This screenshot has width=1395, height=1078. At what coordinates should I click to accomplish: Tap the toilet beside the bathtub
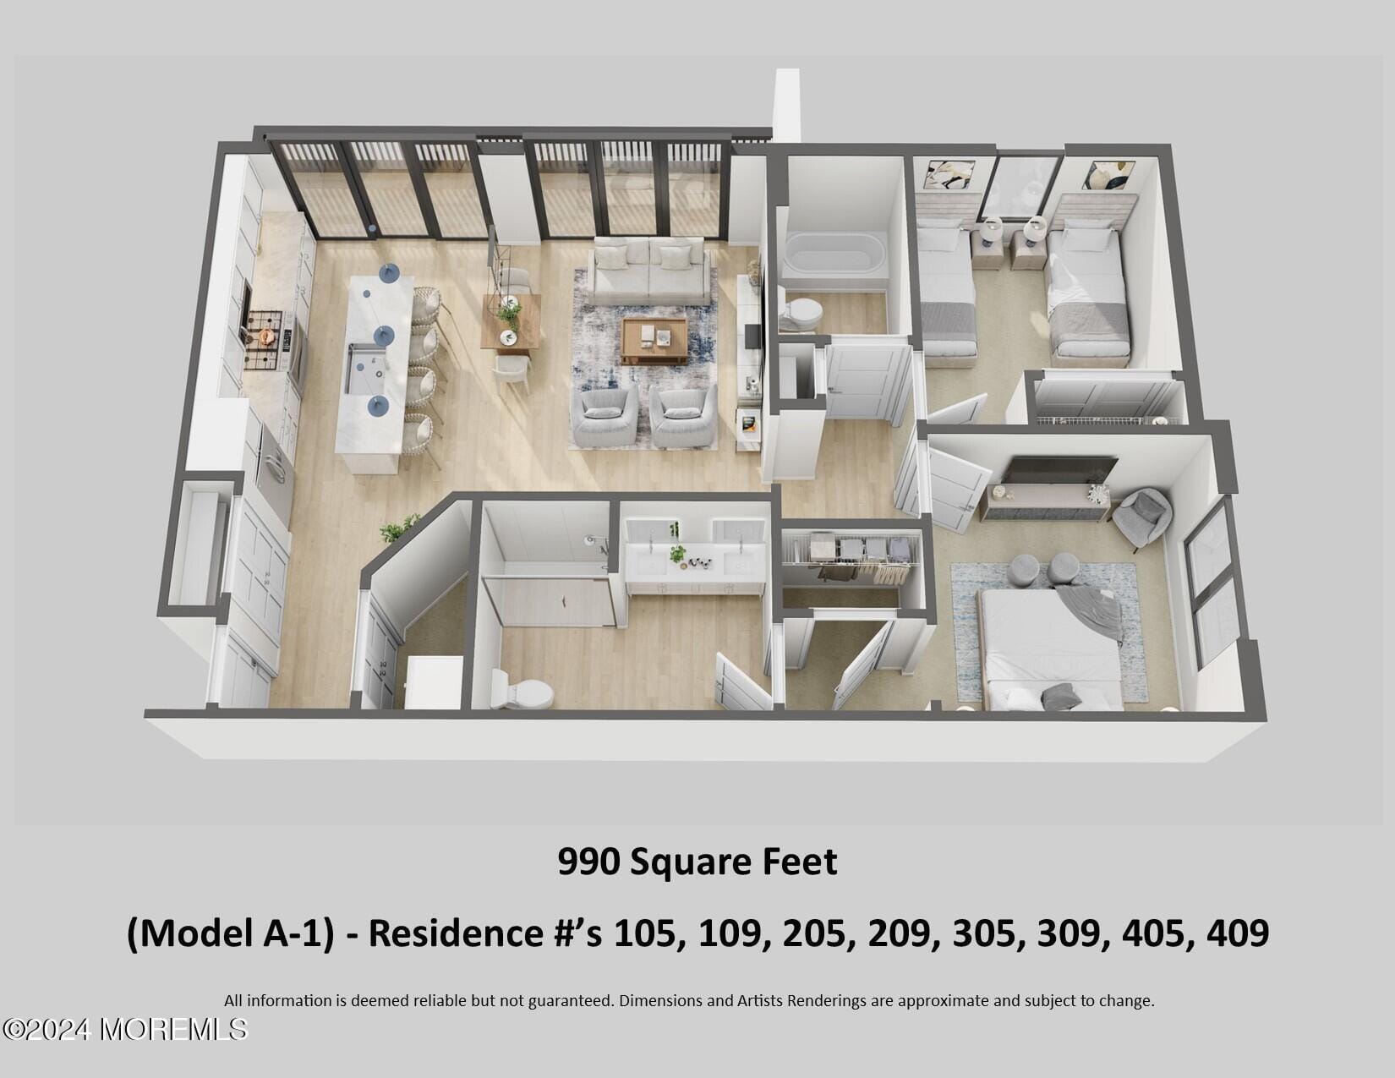click(x=800, y=314)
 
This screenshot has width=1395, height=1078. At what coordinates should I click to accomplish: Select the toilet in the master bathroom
click(x=523, y=690)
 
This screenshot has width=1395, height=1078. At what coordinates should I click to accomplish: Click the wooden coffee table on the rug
click(x=654, y=340)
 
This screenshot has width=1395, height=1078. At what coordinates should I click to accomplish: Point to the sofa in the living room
click(x=648, y=271)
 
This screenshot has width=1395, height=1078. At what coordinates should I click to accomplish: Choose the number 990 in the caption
click(x=588, y=862)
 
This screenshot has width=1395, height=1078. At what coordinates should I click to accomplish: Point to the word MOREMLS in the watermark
click(x=173, y=1029)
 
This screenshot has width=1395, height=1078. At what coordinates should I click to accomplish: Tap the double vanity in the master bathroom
click(x=695, y=558)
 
